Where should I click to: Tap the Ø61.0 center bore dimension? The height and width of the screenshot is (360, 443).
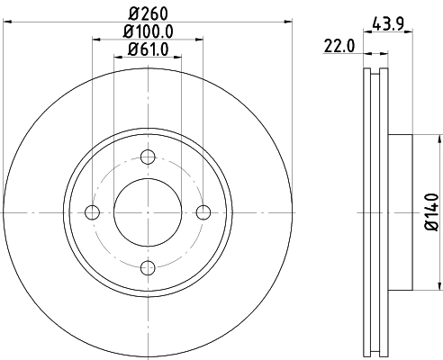click(x=148, y=49)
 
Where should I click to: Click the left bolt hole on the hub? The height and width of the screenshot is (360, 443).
click(x=91, y=212)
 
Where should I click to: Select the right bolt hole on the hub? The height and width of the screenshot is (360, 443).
click(x=203, y=212)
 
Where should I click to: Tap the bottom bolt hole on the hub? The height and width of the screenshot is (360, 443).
click(x=148, y=267)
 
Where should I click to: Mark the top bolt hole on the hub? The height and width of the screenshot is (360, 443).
click(x=148, y=157)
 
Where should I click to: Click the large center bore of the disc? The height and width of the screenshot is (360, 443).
click(x=148, y=212)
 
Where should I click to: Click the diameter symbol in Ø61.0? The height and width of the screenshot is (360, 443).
click(x=131, y=49)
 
